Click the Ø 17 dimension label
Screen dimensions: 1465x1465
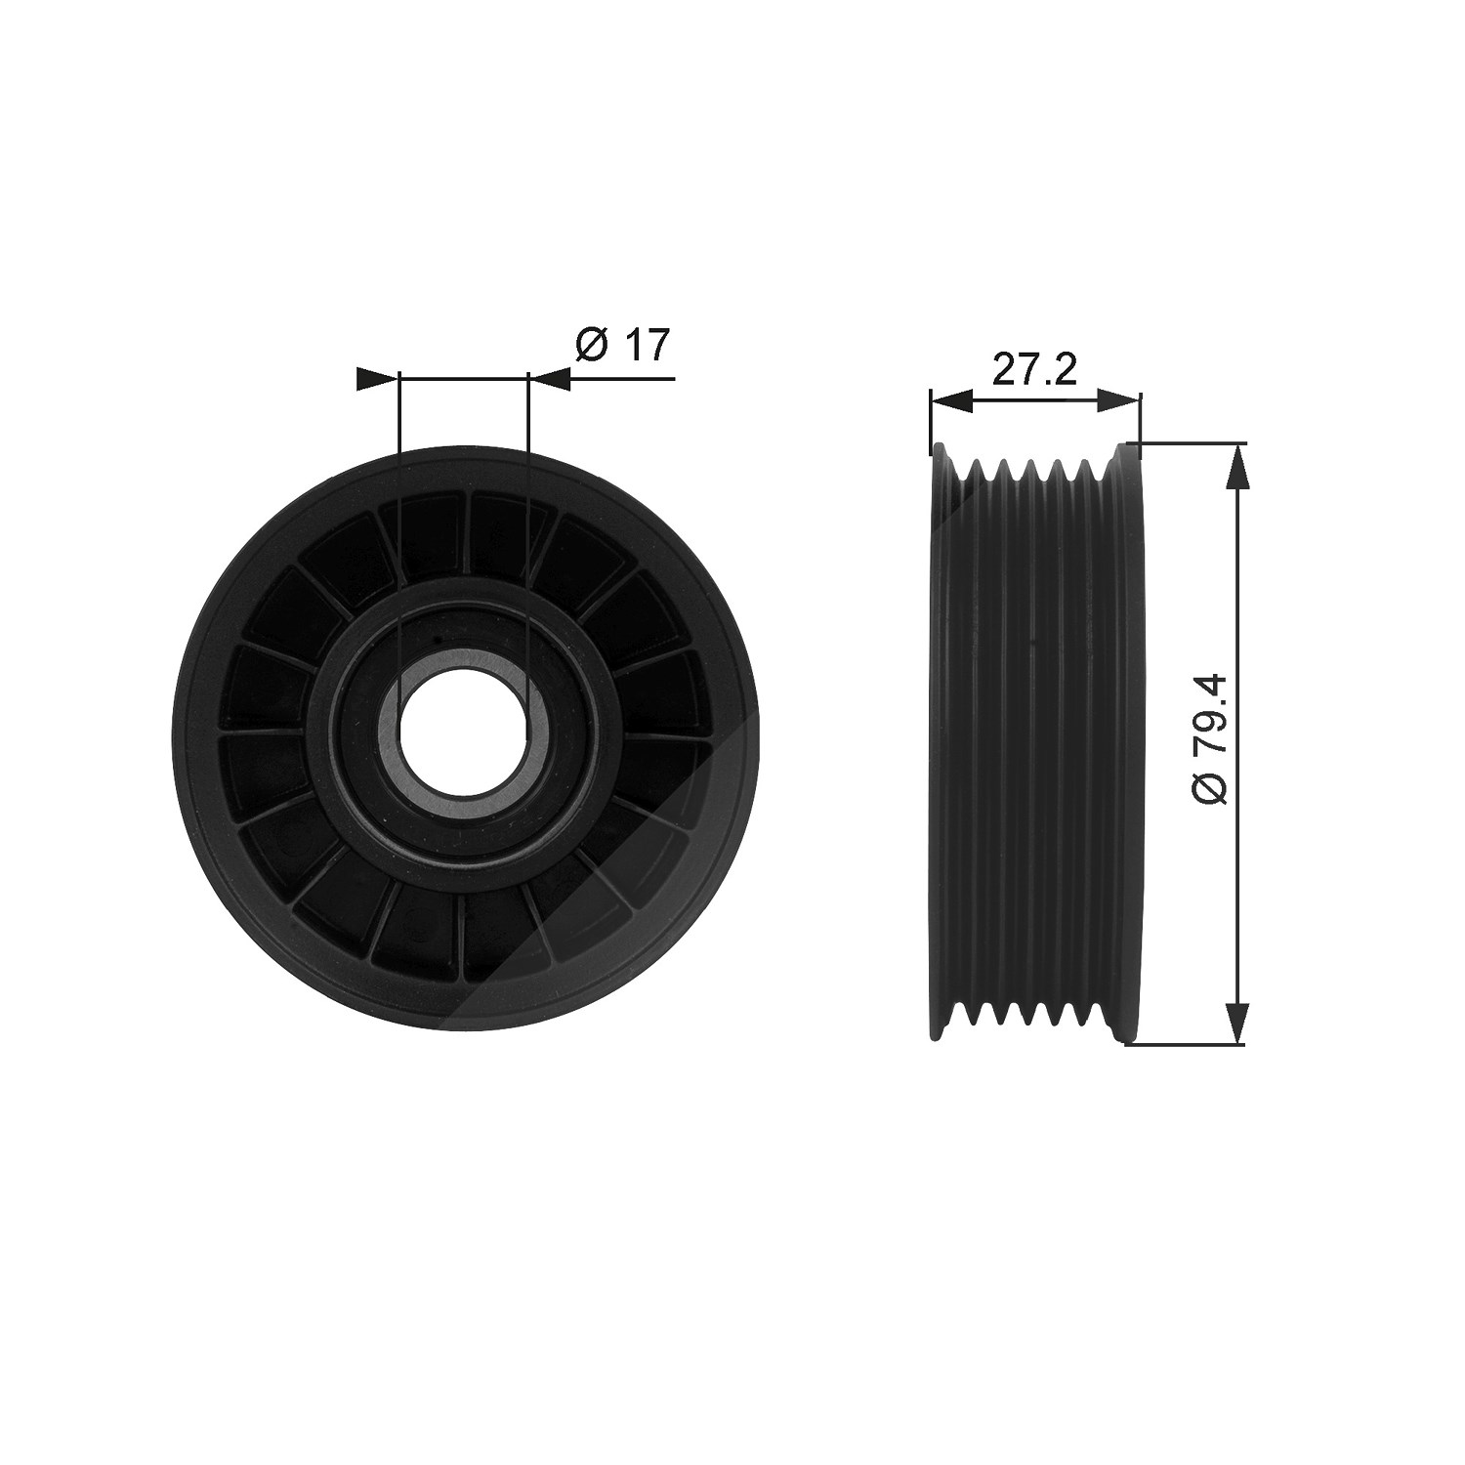pos(623,345)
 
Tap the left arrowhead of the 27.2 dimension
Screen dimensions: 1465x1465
pos(951,398)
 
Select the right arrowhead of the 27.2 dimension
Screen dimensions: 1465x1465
pos(1118,398)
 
